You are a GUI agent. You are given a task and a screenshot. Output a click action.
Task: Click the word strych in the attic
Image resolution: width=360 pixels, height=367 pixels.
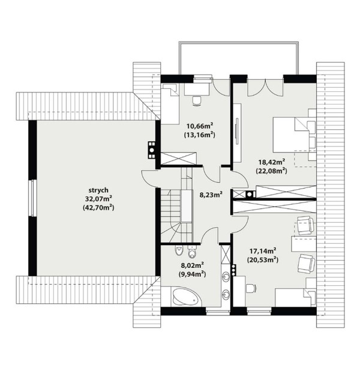(98, 190)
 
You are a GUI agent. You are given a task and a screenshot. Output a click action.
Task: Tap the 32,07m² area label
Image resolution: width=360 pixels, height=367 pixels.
(98, 199)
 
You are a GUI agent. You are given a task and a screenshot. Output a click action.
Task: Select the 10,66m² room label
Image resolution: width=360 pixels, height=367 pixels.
(200, 126)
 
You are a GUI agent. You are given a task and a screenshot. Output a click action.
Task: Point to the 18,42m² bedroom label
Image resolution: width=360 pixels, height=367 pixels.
(271, 162)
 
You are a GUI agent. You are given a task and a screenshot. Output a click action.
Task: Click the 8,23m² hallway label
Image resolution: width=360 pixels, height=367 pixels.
(211, 195)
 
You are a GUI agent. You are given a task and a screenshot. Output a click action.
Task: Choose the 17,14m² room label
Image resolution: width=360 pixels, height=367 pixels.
(263, 251)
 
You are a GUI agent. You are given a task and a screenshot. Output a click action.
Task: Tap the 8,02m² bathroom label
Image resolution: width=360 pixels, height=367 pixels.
(193, 265)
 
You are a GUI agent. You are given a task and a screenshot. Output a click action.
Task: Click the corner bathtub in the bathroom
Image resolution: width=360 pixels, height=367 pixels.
(186, 297)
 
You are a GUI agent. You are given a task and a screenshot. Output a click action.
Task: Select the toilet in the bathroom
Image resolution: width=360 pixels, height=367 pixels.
(179, 251)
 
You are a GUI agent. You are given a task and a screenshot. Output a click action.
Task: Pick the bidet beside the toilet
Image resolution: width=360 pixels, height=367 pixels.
(192, 252)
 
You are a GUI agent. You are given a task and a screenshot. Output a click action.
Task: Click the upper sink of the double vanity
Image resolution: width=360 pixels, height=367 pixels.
(226, 277)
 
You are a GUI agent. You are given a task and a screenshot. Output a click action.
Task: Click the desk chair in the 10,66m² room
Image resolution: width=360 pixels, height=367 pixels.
(197, 101)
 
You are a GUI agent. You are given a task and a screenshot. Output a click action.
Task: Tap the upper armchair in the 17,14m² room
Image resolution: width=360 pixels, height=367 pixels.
(305, 225)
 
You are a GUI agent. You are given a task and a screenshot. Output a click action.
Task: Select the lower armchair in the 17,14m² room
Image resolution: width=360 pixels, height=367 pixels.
(307, 264)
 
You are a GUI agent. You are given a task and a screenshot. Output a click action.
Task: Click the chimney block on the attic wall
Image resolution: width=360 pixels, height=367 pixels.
(152, 150)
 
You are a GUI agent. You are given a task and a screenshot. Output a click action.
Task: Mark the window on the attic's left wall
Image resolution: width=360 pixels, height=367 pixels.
(34, 198)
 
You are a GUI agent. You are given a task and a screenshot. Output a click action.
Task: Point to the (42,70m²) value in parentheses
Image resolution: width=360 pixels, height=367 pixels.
(98, 208)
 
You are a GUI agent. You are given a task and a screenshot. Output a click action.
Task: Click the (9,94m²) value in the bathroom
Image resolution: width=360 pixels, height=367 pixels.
(193, 274)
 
